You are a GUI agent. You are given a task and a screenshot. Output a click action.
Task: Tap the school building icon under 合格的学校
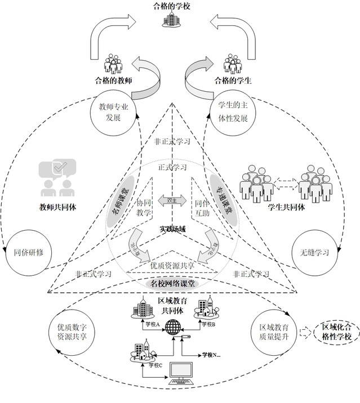coord(171,20)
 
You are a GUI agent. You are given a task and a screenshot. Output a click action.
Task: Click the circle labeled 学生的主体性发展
coord(233,112)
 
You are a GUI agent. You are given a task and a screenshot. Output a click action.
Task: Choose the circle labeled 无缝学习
coord(317,252)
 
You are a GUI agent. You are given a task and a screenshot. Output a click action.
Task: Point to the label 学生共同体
coord(286,207)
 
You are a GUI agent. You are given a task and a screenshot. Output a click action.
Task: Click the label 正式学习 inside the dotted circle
coord(172,167)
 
